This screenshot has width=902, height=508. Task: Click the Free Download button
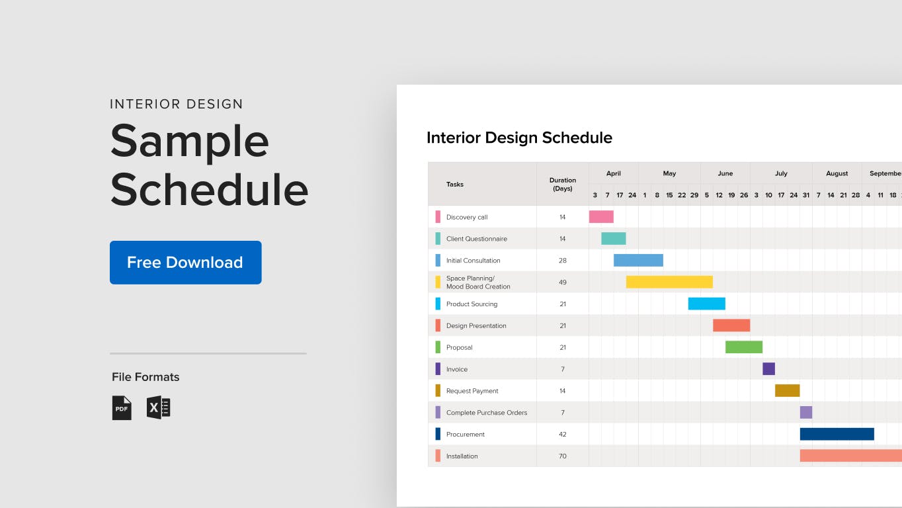point(186,262)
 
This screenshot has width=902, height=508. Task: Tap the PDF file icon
point(122,407)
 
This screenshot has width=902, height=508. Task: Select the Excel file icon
point(158,407)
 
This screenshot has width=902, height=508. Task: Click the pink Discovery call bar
point(601,217)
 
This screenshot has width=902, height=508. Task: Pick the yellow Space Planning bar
point(669,282)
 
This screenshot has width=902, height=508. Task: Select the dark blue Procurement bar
point(837,434)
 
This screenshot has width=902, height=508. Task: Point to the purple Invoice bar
point(768,368)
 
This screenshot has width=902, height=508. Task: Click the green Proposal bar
point(744,347)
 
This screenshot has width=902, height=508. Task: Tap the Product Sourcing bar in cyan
point(707,304)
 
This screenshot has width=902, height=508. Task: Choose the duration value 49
point(563,282)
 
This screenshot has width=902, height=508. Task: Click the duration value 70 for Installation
point(563,456)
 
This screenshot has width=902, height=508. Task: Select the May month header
point(669,173)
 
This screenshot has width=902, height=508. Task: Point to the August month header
point(837,173)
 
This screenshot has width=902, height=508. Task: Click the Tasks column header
point(454,184)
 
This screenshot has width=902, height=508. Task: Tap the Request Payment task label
point(472,391)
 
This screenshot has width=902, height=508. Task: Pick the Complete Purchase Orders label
point(487,413)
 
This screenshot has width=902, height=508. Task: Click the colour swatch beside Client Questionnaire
point(438,239)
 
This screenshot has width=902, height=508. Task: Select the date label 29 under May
point(694,195)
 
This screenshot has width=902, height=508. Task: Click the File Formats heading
point(145,376)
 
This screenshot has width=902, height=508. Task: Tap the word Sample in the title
point(190,142)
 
